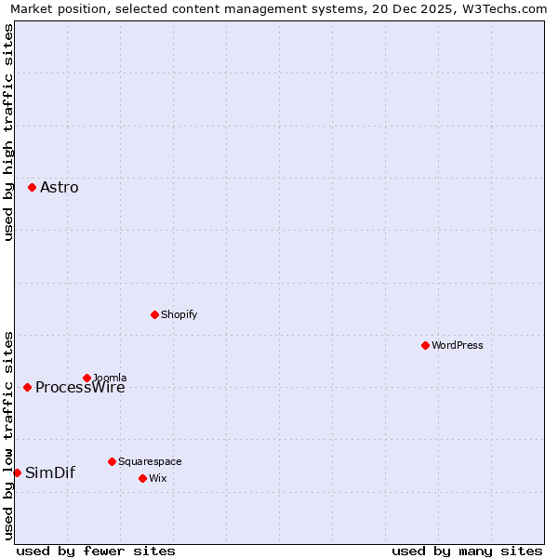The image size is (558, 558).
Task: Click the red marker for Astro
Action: (x=32, y=187)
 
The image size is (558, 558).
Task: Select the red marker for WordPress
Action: (x=425, y=345)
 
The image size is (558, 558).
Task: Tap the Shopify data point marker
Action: (x=154, y=314)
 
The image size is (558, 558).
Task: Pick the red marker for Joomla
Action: (x=86, y=378)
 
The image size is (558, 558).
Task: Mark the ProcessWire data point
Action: (x=27, y=387)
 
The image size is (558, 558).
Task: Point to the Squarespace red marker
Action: (x=112, y=461)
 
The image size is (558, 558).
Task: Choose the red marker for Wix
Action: (x=142, y=478)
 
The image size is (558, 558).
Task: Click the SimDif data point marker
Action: (x=17, y=472)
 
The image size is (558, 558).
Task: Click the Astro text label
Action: (x=60, y=188)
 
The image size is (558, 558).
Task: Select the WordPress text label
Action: (x=458, y=346)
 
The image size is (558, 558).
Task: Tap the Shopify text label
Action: (x=179, y=315)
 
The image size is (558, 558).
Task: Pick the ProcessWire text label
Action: (x=80, y=389)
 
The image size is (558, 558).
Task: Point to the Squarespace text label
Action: (x=150, y=462)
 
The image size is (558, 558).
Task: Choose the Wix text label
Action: (x=158, y=479)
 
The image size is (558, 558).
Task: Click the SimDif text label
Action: (x=50, y=473)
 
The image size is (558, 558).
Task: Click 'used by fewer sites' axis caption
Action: (x=96, y=551)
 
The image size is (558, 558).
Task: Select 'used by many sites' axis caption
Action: (x=467, y=551)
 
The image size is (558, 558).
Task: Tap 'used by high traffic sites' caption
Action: (x=8, y=132)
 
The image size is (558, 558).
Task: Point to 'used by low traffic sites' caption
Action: (x=8, y=434)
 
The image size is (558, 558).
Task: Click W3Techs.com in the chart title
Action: (x=503, y=8)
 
